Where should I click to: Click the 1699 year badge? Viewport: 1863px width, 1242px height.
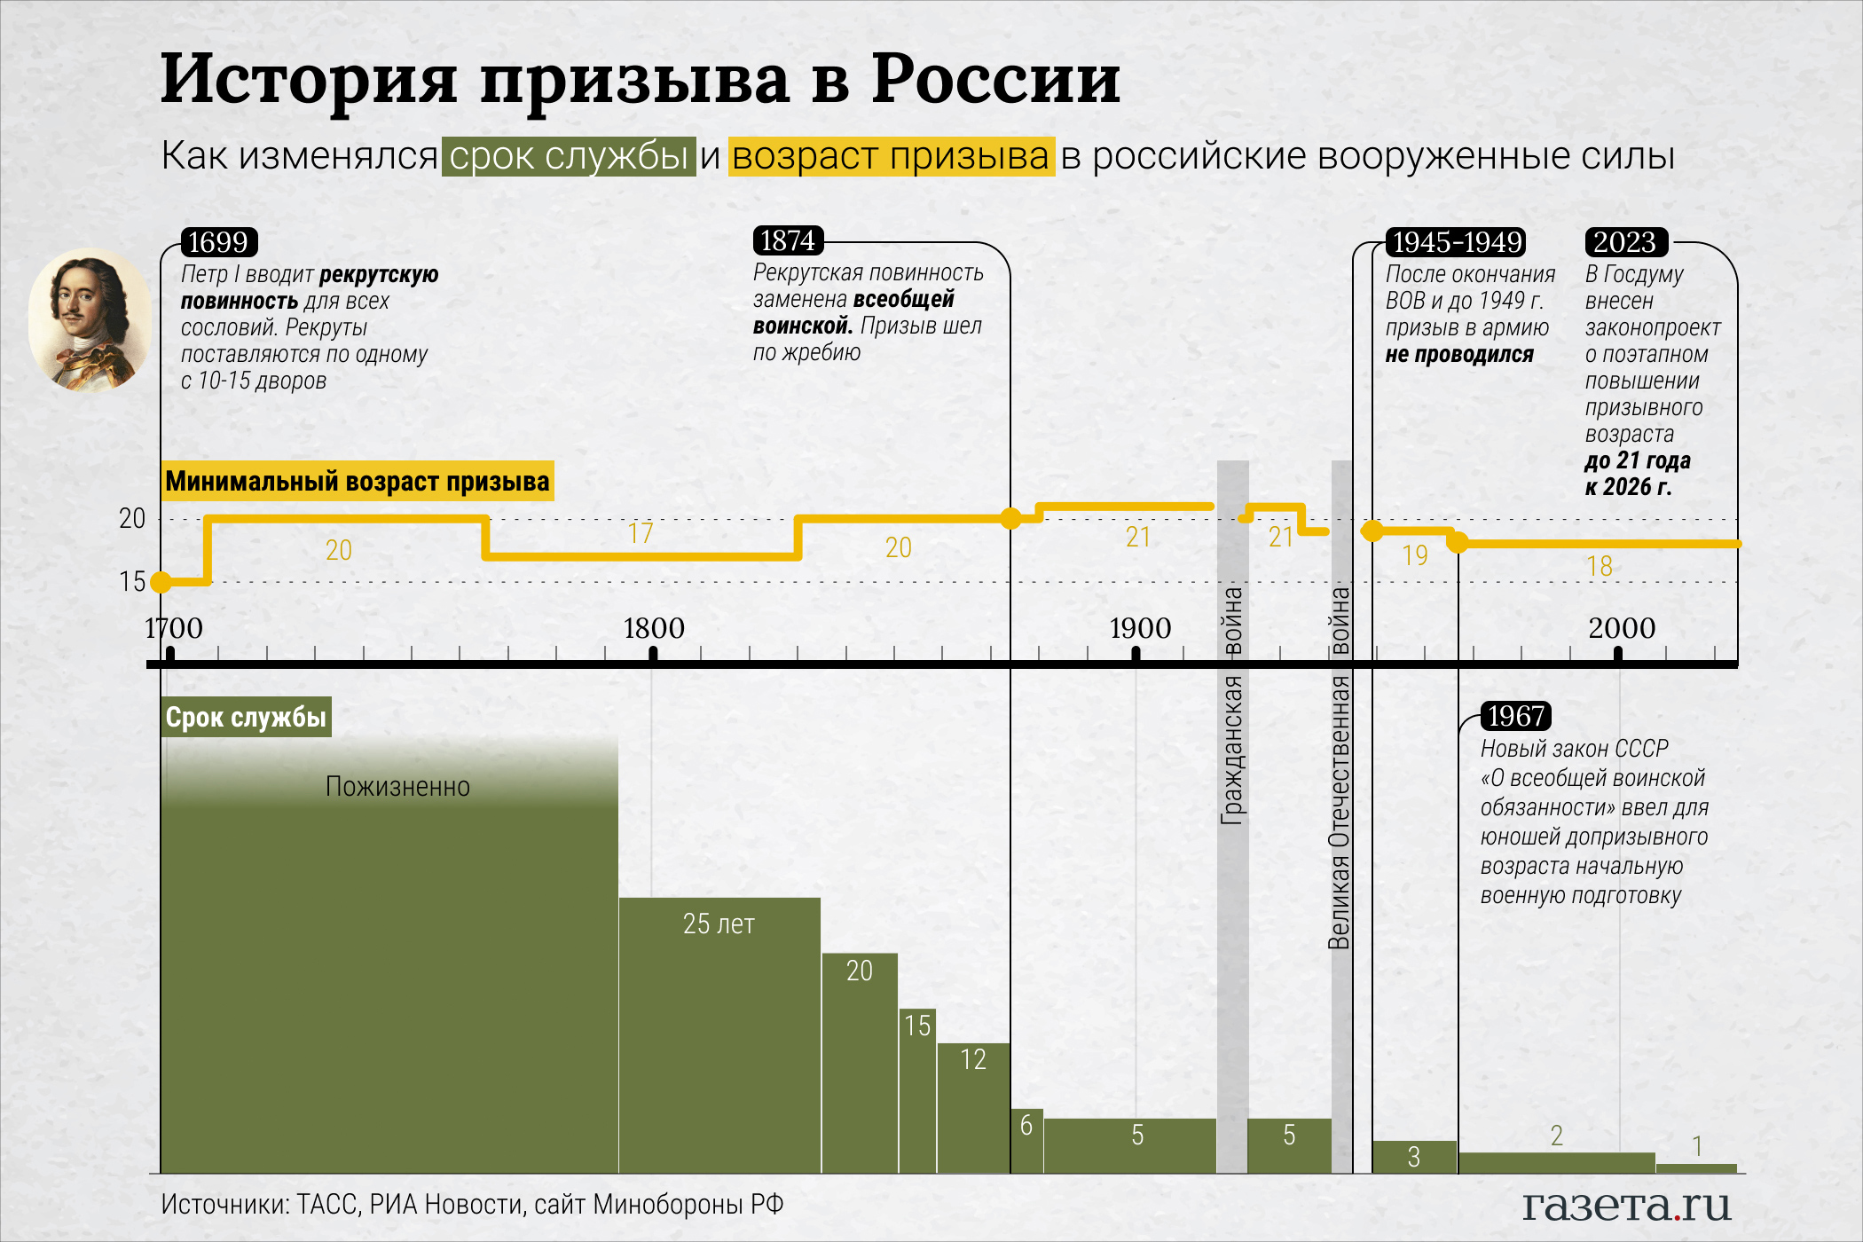point(218,242)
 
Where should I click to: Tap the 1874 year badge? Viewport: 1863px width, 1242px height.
point(788,240)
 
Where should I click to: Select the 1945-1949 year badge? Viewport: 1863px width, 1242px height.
point(1457,242)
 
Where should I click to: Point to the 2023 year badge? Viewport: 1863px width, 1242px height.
point(1625,242)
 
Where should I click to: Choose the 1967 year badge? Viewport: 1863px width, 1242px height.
point(1516,716)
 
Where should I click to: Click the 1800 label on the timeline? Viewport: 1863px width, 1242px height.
point(654,628)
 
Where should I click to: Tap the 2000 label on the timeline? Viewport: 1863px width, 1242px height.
point(1622,628)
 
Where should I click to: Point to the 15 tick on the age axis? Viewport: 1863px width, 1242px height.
point(132,582)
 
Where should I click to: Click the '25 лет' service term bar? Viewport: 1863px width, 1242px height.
point(719,1029)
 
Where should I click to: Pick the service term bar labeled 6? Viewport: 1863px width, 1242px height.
point(1026,1140)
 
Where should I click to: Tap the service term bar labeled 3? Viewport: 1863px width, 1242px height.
point(1414,1157)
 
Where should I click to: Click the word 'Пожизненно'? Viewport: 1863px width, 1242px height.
point(397,787)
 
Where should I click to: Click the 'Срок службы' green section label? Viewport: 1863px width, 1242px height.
point(246,717)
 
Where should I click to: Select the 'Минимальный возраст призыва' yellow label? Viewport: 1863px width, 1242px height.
point(358,481)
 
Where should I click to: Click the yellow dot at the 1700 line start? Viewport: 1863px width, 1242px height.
point(161,582)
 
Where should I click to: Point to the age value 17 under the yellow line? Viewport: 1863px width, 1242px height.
point(641,533)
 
